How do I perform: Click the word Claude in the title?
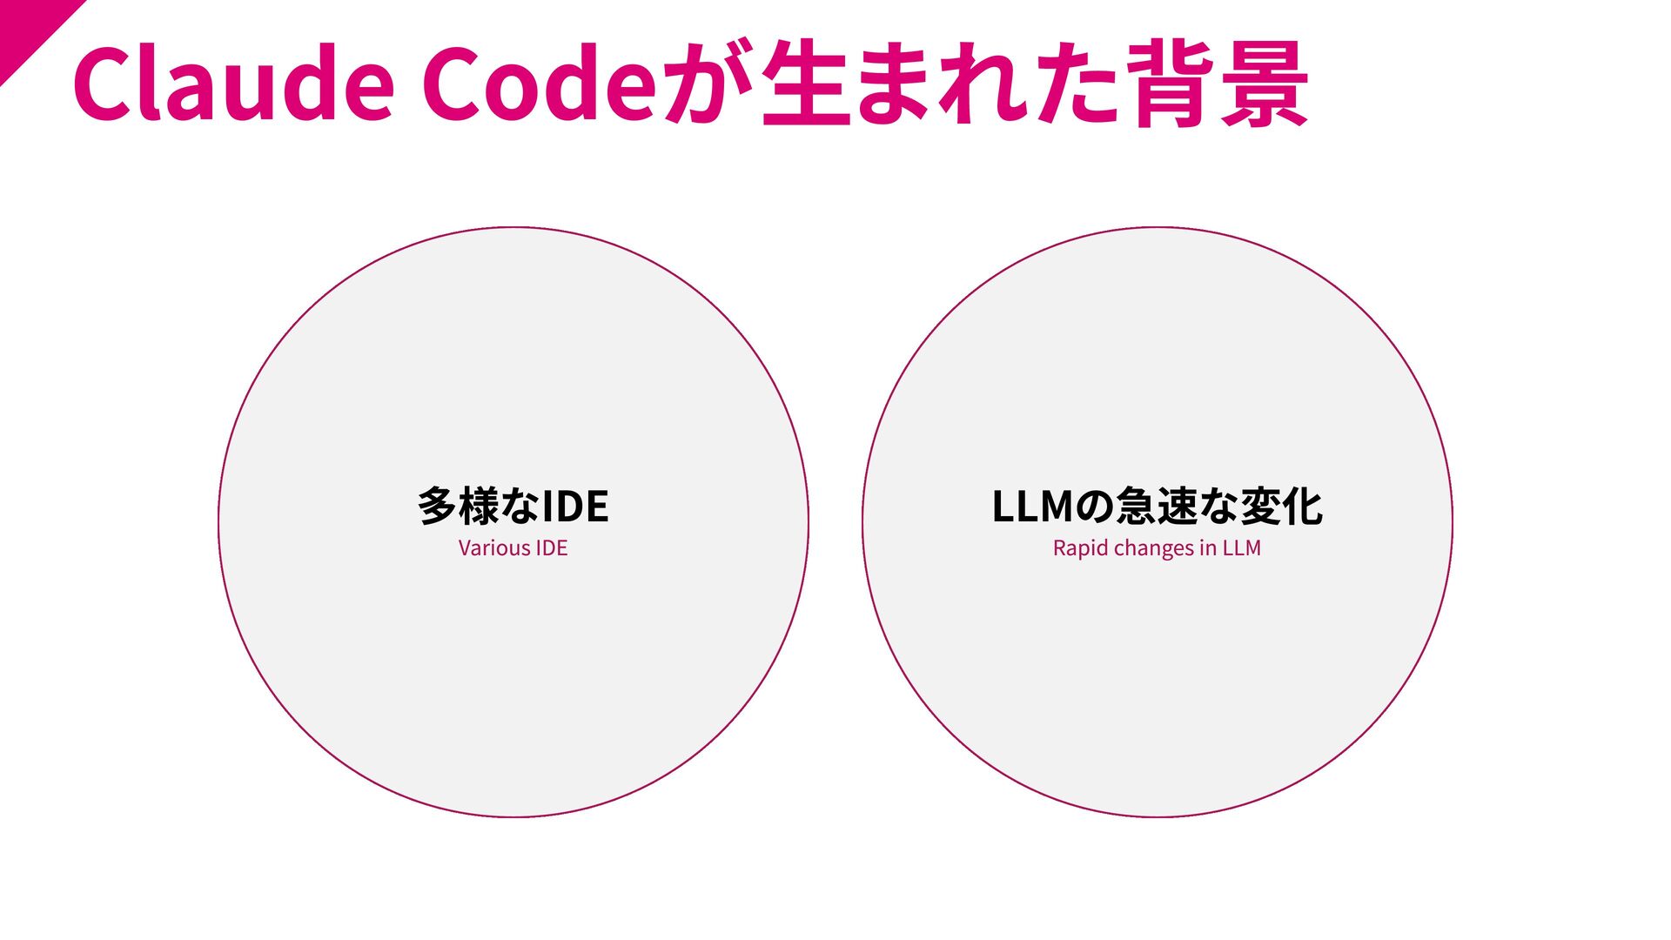click(x=233, y=84)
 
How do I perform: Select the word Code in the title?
click(x=538, y=84)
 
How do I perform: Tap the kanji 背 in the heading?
click(x=1170, y=84)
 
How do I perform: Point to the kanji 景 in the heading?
click(x=1264, y=84)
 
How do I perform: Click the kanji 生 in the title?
click(x=804, y=84)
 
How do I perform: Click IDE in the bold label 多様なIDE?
click(x=574, y=507)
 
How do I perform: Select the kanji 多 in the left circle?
click(x=437, y=507)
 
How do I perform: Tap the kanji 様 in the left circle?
click(x=479, y=507)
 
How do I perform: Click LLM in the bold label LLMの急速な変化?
click(x=1032, y=507)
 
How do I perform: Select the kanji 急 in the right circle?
click(x=1136, y=507)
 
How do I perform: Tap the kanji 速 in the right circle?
click(x=1178, y=507)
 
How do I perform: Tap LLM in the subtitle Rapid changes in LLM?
click(x=1241, y=548)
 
